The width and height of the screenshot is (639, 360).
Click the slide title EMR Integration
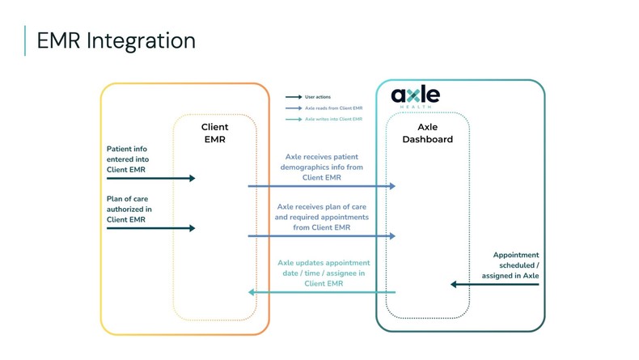116,40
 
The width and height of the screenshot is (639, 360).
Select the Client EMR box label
214,133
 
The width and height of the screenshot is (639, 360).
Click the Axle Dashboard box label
427,133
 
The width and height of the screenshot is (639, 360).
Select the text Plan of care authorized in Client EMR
129,209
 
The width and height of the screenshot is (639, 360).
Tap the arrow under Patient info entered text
150,178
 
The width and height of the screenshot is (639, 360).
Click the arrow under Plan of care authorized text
150,228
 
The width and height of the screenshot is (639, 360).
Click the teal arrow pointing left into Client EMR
321,292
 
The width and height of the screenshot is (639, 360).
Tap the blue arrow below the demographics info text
321,186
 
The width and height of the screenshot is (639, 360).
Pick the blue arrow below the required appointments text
321,236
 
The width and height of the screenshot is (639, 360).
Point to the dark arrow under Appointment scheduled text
494,285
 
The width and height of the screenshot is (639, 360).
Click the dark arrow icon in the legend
294,96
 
